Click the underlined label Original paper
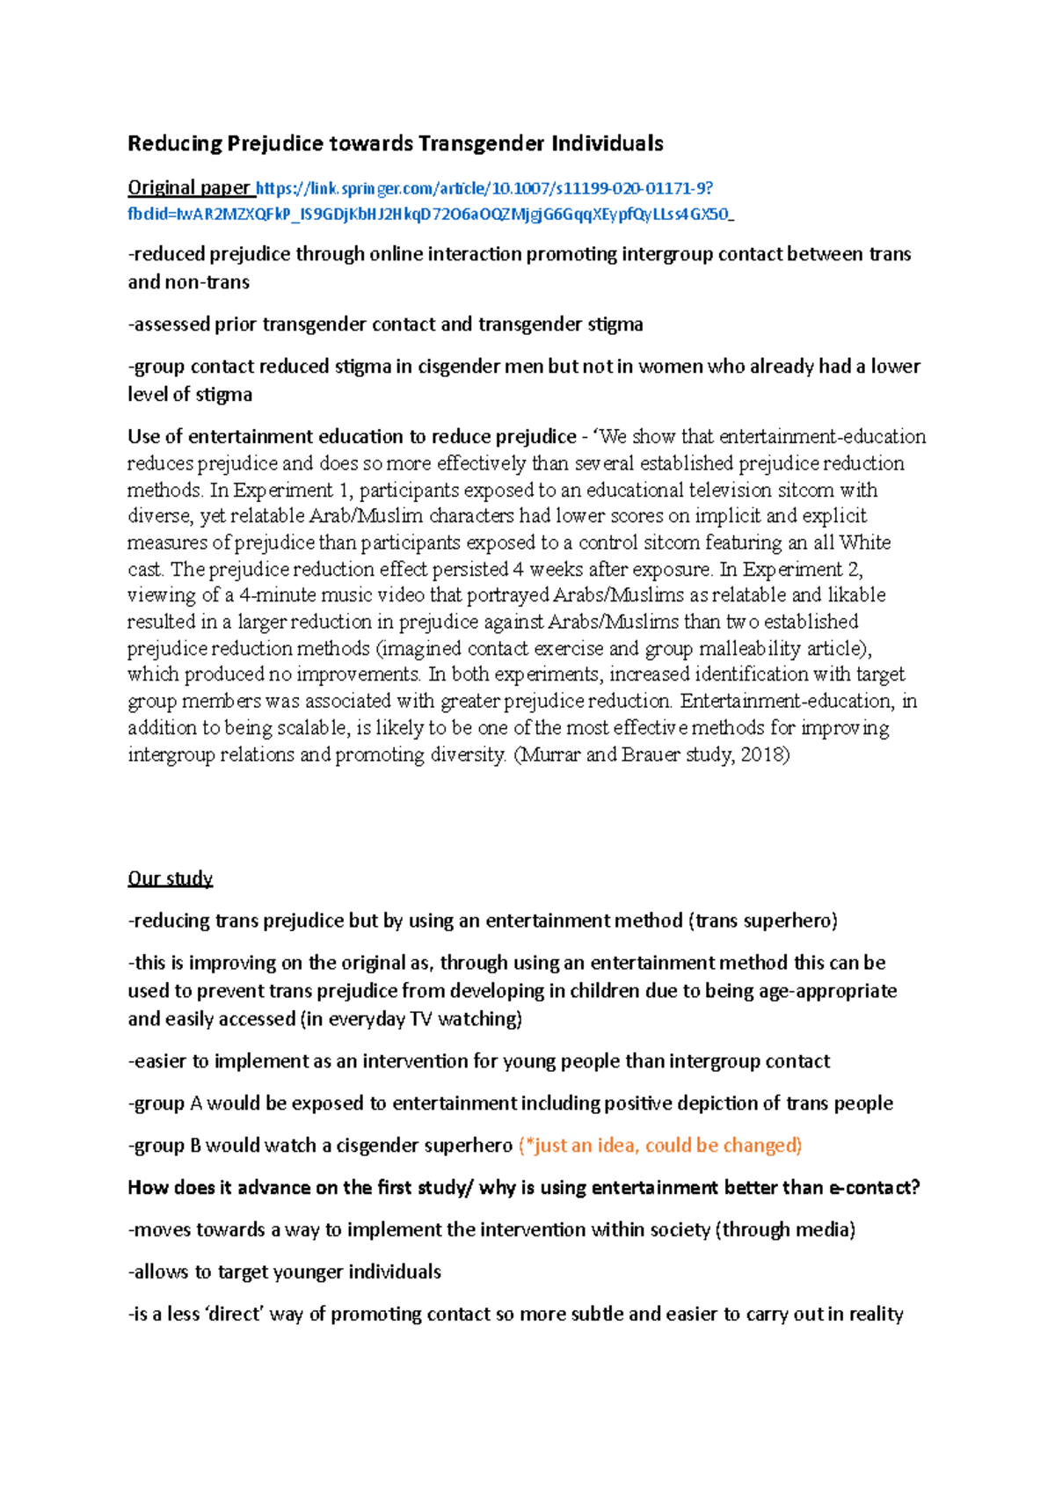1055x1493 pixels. (x=189, y=187)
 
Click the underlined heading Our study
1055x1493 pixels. (x=170, y=878)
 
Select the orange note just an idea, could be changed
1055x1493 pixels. (x=660, y=1146)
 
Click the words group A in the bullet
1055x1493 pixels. (x=168, y=1103)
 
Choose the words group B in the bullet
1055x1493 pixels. (x=168, y=1146)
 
